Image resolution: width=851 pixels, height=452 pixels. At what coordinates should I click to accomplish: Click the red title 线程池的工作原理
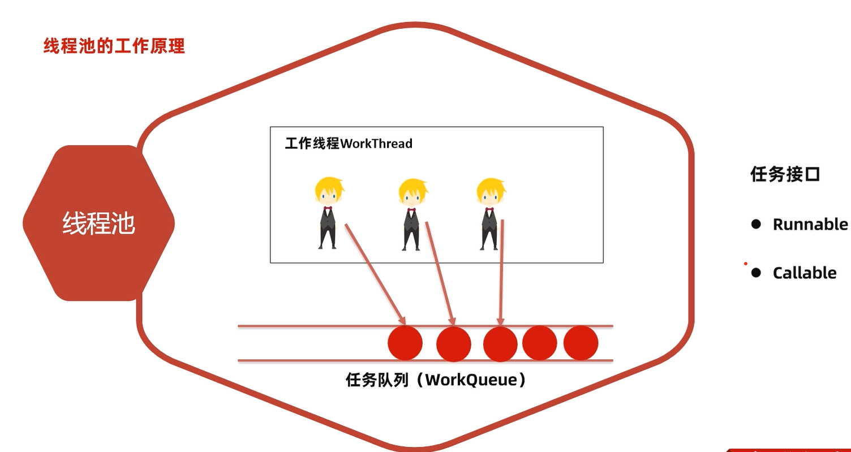(x=114, y=46)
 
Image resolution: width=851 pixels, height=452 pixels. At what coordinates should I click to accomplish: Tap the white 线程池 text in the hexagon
(x=98, y=223)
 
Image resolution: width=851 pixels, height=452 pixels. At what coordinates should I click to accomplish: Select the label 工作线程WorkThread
(x=349, y=144)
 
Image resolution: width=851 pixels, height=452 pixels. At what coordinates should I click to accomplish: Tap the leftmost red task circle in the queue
(x=405, y=343)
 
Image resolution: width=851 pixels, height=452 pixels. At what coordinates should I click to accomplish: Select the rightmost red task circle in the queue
(x=581, y=343)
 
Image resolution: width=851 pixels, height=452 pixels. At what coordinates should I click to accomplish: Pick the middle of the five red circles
(x=500, y=344)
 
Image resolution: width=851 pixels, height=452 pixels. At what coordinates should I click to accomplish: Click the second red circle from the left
(x=454, y=344)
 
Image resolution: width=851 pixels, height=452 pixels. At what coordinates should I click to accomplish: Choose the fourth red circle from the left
(x=540, y=343)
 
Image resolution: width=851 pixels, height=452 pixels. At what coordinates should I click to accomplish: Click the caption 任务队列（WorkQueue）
(x=436, y=380)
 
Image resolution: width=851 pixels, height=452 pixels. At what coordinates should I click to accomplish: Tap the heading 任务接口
(x=785, y=174)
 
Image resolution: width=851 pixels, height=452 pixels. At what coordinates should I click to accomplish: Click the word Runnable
(x=810, y=225)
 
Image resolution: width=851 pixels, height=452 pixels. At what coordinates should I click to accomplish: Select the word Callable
(x=805, y=273)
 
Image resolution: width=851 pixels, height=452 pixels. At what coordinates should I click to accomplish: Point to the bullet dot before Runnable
(x=756, y=224)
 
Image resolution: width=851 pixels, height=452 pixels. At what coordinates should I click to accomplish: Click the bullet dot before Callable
(x=756, y=273)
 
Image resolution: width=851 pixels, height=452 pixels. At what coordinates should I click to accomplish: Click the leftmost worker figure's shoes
(x=327, y=247)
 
